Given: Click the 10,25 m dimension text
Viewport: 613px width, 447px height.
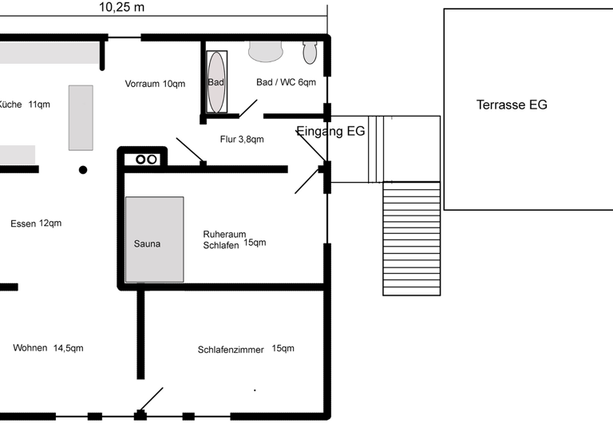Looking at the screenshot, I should (x=122, y=8).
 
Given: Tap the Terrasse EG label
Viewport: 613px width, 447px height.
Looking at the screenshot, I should (x=512, y=105).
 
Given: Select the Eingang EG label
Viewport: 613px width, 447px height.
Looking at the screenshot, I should (x=330, y=132).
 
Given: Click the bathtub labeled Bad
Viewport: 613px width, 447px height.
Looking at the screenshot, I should (x=216, y=82).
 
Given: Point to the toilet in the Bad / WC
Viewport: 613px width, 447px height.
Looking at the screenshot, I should (x=310, y=52).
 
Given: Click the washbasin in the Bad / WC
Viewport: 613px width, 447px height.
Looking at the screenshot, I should (x=266, y=51).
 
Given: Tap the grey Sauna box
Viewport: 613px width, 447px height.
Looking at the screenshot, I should (x=154, y=239).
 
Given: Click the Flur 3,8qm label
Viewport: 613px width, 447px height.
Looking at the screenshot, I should (x=242, y=139).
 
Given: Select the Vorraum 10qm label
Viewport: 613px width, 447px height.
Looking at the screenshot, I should (x=155, y=84).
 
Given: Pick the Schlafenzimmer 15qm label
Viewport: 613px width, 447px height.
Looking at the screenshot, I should (x=246, y=349).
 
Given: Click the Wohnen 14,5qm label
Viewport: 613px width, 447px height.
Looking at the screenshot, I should (x=48, y=348).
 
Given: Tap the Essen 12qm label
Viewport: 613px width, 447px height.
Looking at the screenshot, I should (x=36, y=223).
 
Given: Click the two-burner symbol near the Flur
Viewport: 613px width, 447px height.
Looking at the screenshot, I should (x=146, y=159).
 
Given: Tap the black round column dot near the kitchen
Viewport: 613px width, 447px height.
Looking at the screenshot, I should (x=83, y=169).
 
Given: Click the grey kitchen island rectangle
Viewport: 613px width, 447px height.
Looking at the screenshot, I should (x=81, y=117).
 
